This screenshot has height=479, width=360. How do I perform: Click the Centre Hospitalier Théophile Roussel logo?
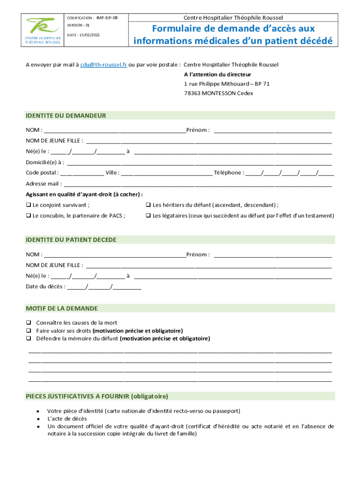coord(43,30)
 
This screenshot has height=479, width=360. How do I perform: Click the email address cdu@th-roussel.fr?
coord(103,65)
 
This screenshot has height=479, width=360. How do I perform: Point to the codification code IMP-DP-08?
coord(107,18)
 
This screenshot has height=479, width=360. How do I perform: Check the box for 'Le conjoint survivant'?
coord(28,205)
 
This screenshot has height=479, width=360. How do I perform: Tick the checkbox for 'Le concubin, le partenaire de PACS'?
coord(28,216)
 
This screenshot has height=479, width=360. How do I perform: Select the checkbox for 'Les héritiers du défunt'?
coord(148,205)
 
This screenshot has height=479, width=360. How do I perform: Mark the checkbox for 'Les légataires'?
coord(148,216)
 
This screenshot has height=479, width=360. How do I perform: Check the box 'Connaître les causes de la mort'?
coord(29,323)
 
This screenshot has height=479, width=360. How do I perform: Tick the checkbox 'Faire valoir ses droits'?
coord(29,331)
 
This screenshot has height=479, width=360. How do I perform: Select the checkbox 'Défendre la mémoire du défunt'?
coord(29,338)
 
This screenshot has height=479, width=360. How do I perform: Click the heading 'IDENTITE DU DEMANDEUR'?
coord(66,116)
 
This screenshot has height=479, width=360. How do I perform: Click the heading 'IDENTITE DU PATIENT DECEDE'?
coord(71,240)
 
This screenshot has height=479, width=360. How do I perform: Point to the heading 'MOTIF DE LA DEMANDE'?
coord(62,308)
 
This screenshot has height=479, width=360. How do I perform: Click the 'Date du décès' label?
coord(45,287)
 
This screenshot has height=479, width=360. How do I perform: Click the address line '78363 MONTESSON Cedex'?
coord(218,93)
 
